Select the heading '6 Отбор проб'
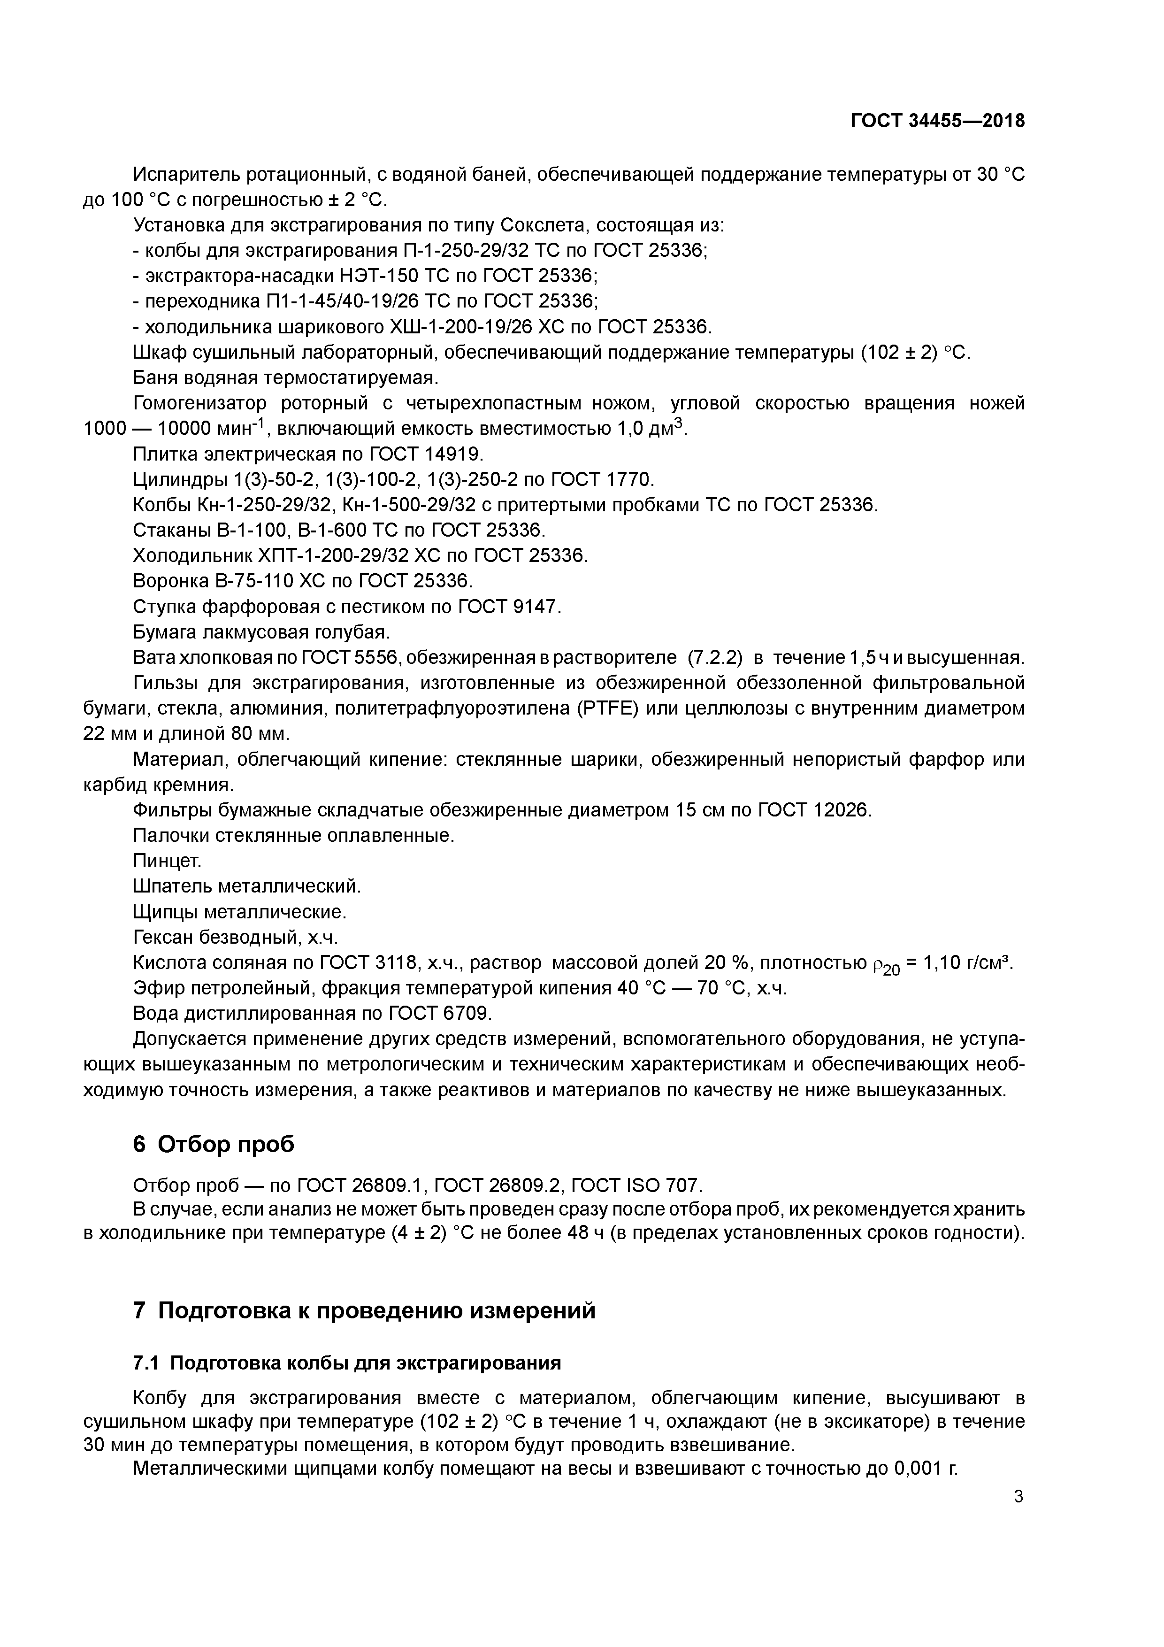(214, 1144)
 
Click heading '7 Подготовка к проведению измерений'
(364, 1310)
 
